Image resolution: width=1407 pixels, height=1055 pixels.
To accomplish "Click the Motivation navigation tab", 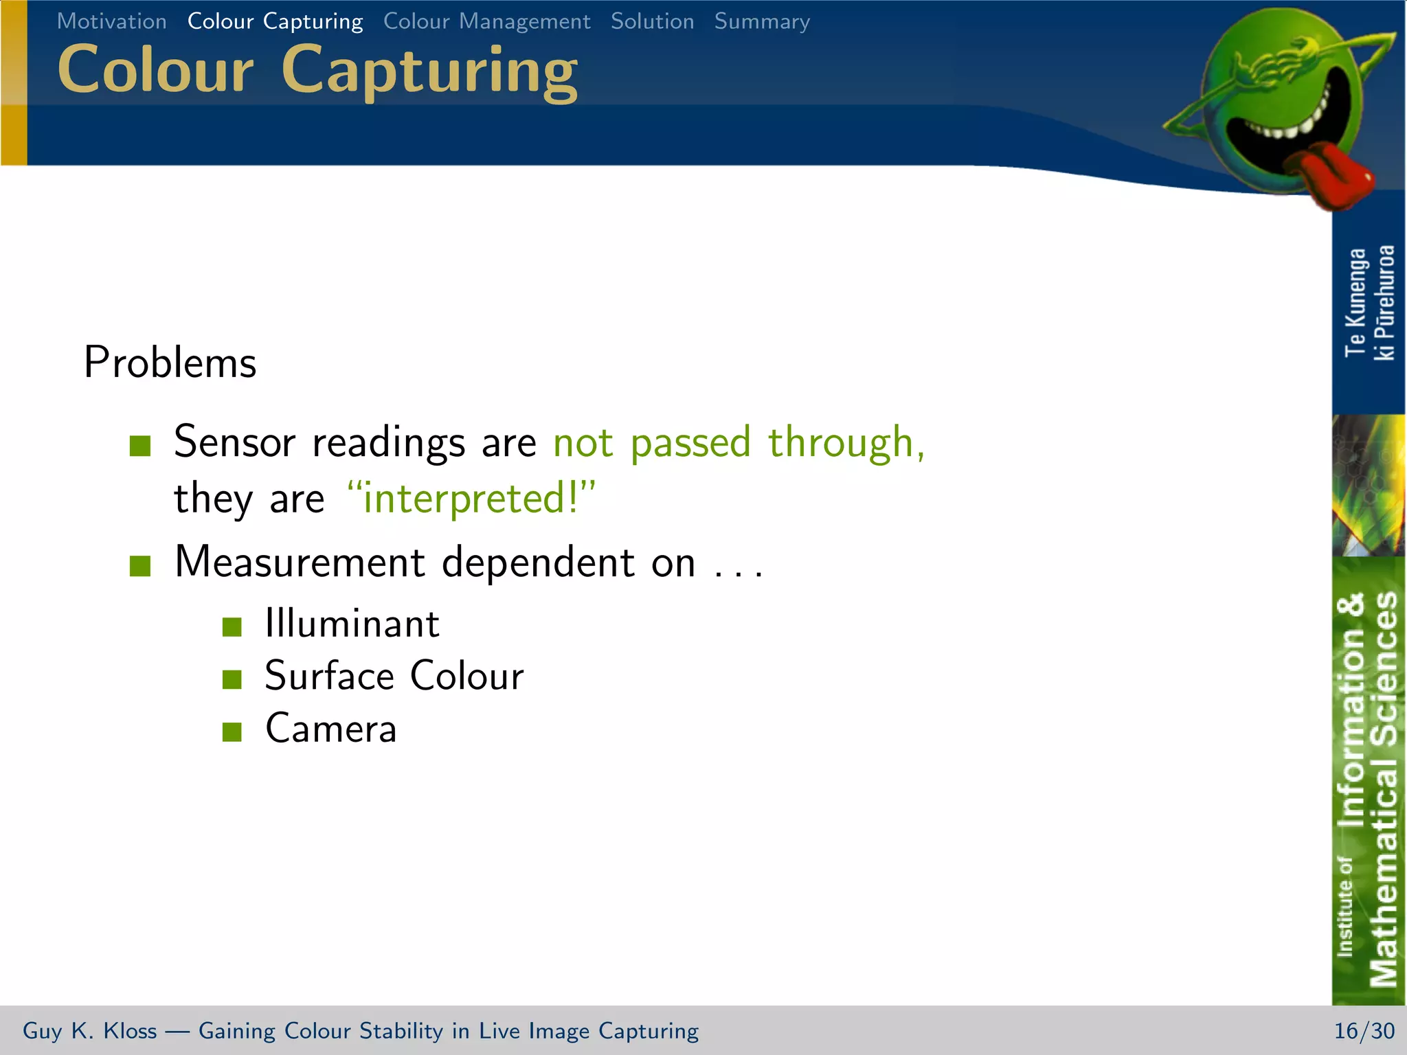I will [111, 21].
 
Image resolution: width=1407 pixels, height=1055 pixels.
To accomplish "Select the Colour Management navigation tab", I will [486, 21].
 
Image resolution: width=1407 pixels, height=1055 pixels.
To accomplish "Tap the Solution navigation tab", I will [652, 21].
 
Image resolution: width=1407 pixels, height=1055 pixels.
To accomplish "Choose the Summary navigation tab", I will [762, 21].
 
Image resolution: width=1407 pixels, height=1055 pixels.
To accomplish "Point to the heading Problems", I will [170, 363].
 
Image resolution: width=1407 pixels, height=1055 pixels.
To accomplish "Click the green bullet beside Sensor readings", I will [140, 446].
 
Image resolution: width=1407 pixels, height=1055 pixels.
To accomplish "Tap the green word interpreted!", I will [471, 499].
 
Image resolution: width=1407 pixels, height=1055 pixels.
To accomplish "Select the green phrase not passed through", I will [738, 442].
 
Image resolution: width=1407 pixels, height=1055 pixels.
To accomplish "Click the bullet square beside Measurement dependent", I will [140, 566].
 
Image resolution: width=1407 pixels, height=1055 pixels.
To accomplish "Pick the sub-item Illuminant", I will [352, 624].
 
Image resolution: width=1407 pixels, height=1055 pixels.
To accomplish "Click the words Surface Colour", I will [394, 677].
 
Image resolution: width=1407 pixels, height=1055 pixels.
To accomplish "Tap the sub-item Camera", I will [330, 729].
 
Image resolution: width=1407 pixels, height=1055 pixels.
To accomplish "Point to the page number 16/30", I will [1364, 1031].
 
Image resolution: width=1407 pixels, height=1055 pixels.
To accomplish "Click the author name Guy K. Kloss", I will [89, 1031].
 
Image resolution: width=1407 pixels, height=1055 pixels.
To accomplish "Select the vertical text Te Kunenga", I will [1355, 302].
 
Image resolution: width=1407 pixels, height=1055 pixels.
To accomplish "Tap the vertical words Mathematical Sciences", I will [1384, 790].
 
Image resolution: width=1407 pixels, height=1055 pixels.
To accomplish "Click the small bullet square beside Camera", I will [232, 732].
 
